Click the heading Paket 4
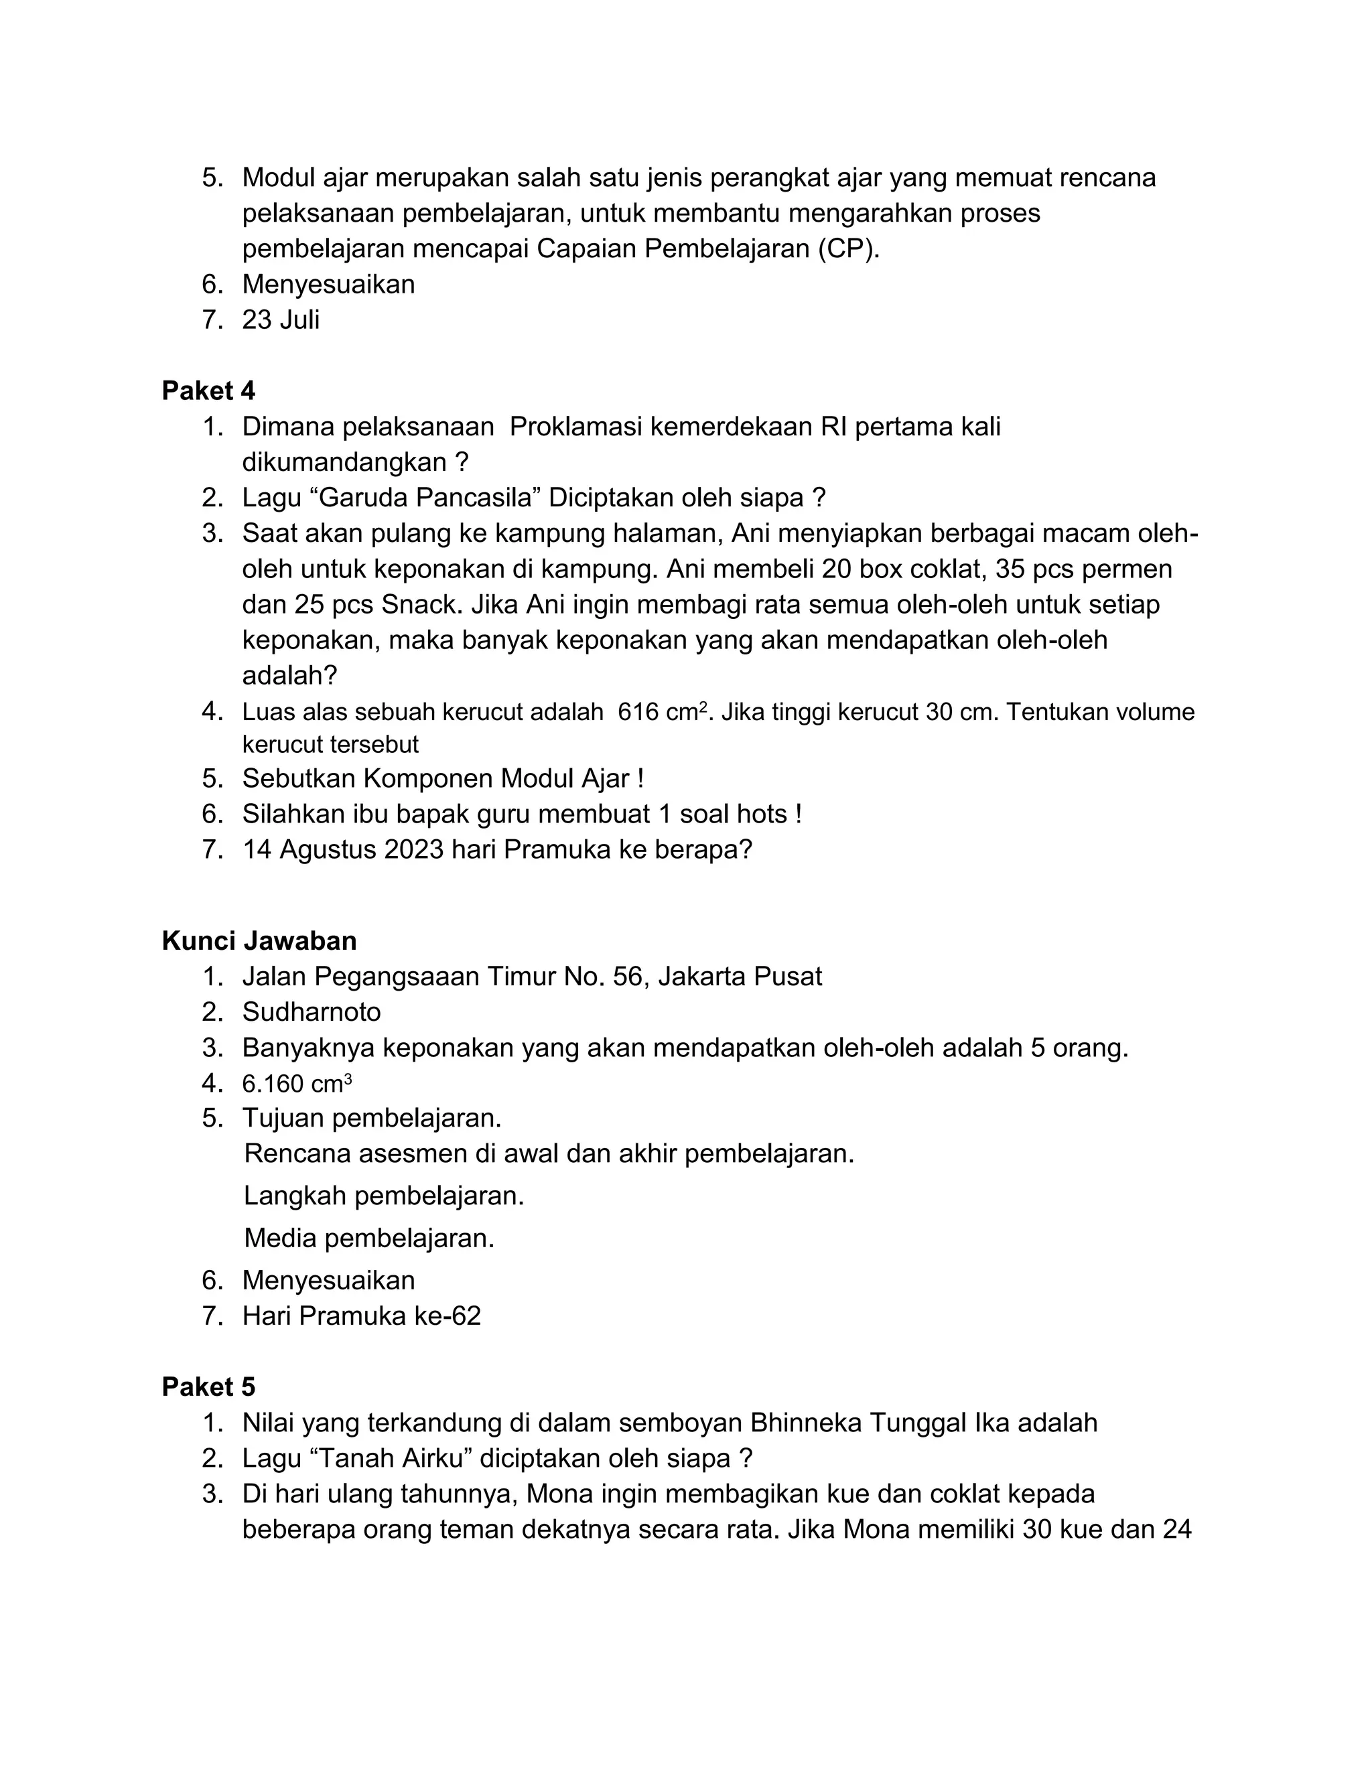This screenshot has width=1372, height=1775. tap(208, 391)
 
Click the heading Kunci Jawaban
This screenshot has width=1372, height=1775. tap(259, 940)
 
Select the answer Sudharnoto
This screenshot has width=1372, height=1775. tap(312, 1012)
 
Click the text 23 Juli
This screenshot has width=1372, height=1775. tap(281, 319)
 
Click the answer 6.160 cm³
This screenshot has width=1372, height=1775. tap(297, 1083)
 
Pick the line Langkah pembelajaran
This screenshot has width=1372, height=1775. tap(384, 1196)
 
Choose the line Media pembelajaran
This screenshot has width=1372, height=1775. tap(369, 1238)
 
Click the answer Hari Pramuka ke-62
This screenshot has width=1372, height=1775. tap(362, 1315)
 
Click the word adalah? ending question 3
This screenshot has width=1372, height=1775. tap(289, 675)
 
